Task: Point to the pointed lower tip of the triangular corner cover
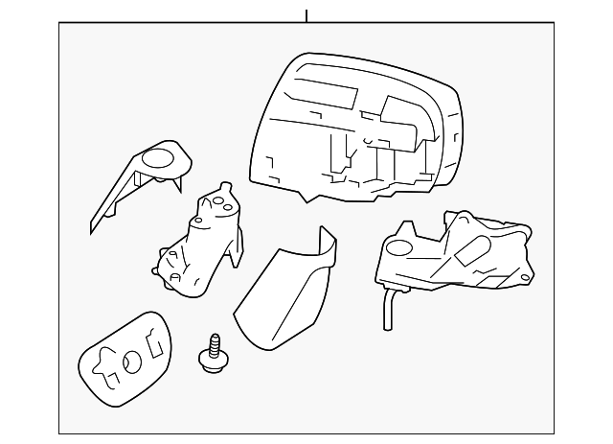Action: [x=93, y=230]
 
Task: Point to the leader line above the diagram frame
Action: [x=306, y=15]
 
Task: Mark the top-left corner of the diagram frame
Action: [x=59, y=24]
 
